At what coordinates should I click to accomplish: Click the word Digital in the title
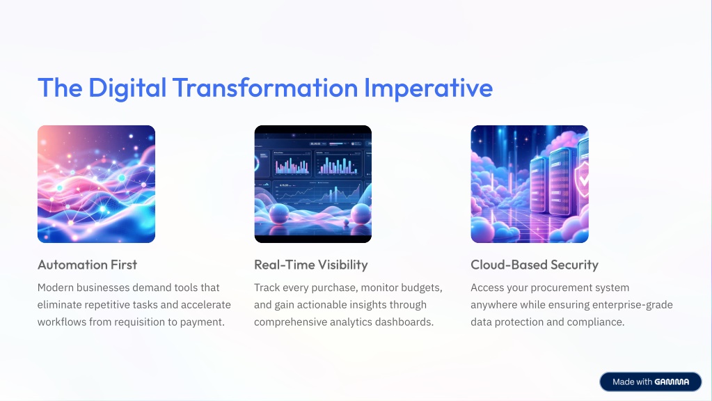(127, 88)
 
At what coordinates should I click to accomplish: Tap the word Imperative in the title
(428, 88)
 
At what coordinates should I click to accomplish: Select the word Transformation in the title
(265, 87)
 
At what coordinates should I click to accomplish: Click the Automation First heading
(87, 265)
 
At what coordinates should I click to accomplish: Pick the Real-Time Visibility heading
(311, 265)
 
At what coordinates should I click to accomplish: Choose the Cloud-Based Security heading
(535, 265)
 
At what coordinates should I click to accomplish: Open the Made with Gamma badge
(651, 382)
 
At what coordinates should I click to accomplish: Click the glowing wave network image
(96, 184)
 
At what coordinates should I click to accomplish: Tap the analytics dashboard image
(313, 184)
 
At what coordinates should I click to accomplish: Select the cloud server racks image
(530, 184)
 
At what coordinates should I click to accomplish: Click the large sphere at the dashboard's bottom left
(279, 214)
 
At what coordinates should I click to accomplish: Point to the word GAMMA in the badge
(672, 382)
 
